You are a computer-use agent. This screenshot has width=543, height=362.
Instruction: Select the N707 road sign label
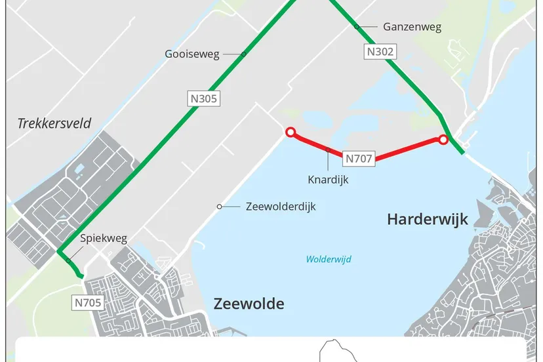coord(359,158)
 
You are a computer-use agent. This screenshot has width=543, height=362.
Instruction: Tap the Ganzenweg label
coord(412,27)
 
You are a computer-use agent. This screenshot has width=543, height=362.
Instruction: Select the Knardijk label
coord(328,179)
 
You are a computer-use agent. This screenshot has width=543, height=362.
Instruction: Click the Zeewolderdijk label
coord(281,207)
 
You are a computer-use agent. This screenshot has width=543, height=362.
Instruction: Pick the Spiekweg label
coord(104,239)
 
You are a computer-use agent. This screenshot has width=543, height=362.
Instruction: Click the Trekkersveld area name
coord(54,123)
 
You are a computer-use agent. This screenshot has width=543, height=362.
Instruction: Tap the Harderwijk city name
coord(428,219)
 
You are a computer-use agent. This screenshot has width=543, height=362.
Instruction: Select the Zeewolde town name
coord(249,304)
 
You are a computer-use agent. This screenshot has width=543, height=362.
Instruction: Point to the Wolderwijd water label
coord(329,260)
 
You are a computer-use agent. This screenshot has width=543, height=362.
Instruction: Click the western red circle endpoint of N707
coord(290,132)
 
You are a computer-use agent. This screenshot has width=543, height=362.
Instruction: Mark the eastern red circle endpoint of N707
coord(443,140)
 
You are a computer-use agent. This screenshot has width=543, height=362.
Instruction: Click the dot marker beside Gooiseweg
coord(243,54)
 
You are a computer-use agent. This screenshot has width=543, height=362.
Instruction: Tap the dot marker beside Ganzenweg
coord(357,27)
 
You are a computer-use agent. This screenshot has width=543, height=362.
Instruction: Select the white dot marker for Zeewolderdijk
coord(220,207)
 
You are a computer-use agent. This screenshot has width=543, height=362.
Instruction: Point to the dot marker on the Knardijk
coord(329,150)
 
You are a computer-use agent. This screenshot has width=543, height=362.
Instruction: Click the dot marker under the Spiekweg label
coord(68,260)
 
